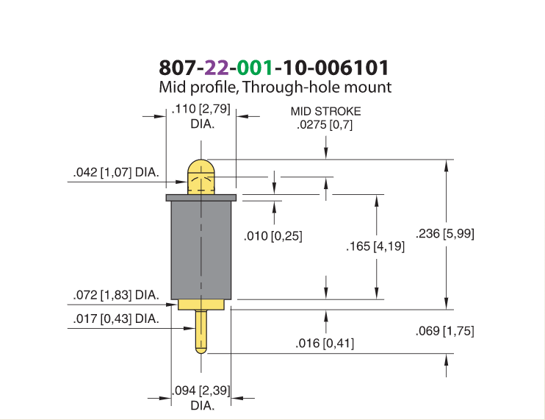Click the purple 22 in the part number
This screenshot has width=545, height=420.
pyautogui.click(x=217, y=68)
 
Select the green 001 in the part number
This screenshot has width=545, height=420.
pyautogui.click(x=254, y=68)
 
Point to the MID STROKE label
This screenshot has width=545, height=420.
pyautogui.click(x=325, y=111)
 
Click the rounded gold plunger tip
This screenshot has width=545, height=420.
pyautogui.click(x=201, y=177)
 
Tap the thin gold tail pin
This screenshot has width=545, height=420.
pyautogui.click(x=201, y=332)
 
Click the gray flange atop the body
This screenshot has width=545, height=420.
pyautogui.click(x=201, y=198)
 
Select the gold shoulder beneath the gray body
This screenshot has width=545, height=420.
pyautogui.click(x=201, y=305)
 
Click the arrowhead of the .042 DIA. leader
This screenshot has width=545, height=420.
pyautogui.click(x=182, y=182)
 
